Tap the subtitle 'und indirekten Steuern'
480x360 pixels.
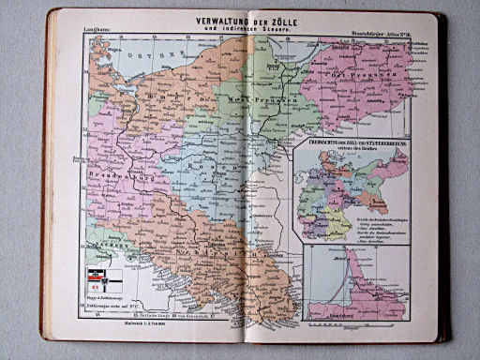[247, 29]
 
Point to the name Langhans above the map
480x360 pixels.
[97, 33]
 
